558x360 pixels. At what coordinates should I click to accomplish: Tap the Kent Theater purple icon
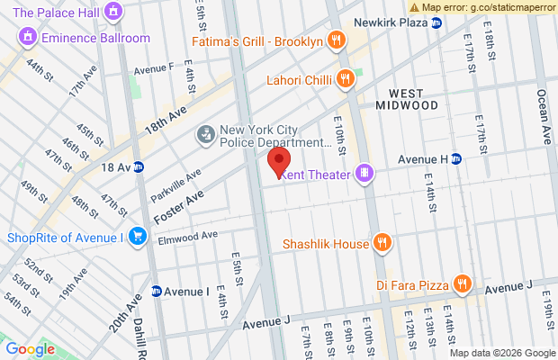[x=364, y=173]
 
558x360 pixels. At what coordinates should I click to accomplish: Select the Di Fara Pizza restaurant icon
[x=463, y=284]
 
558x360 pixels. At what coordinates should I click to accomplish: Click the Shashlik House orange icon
[x=382, y=243]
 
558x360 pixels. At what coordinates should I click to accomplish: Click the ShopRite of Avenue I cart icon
[x=137, y=238]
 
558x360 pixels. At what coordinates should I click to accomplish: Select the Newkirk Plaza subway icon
[x=436, y=22]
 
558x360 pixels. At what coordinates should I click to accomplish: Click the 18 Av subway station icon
[x=139, y=166]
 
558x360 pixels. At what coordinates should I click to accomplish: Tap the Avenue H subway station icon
[x=456, y=159]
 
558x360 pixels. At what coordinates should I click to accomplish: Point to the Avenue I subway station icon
[x=157, y=292]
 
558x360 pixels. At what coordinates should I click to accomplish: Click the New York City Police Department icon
[x=206, y=135]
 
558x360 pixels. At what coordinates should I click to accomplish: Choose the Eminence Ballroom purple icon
[x=26, y=38]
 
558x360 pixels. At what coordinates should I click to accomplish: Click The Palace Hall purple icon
[x=112, y=13]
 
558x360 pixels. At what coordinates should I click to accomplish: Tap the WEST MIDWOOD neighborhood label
[x=413, y=99]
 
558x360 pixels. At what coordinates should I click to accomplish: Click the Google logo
[x=30, y=349]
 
